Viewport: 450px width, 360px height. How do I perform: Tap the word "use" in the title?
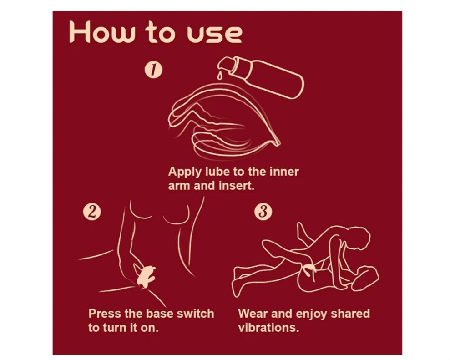214,35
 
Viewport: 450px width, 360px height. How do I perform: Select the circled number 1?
153,70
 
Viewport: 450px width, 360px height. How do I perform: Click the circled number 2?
92,212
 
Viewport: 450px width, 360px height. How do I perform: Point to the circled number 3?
263,212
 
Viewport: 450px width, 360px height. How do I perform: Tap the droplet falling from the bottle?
220,76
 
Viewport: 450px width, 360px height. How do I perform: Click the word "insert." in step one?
237,186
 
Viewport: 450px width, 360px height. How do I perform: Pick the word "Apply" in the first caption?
185,172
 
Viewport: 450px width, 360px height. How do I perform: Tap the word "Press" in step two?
105,314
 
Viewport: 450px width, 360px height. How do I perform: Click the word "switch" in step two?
195,314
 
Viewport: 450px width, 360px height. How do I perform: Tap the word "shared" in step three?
350,314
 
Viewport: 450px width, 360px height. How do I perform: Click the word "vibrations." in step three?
268,328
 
